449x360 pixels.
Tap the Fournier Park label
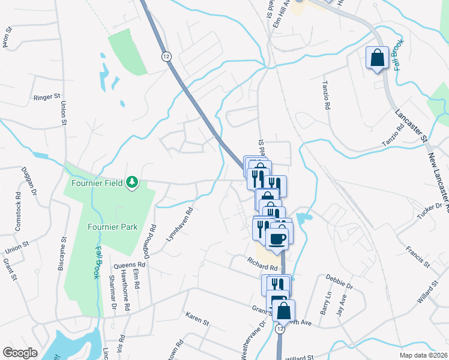click(x=112, y=227)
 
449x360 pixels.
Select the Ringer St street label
click(x=48, y=96)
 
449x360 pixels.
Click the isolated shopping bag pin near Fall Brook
click(x=377, y=59)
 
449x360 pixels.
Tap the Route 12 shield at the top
click(x=164, y=56)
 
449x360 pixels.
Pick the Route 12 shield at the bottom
click(x=280, y=329)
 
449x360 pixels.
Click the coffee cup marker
click(x=277, y=238)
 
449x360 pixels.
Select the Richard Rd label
click(x=262, y=263)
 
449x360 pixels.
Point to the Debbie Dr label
click(x=339, y=281)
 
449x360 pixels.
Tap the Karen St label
click(x=197, y=318)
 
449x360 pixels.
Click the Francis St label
click(x=417, y=256)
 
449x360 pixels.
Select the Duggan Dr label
click(x=29, y=180)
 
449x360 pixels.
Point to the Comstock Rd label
click(x=17, y=212)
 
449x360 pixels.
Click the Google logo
click(x=20, y=353)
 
